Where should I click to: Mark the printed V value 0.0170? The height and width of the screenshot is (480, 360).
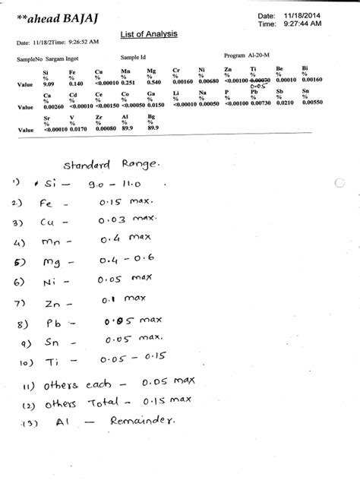pyautogui.click(x=76, y=129)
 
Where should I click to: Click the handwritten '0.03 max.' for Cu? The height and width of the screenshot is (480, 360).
pyautogui.click(x=123, y=221)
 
